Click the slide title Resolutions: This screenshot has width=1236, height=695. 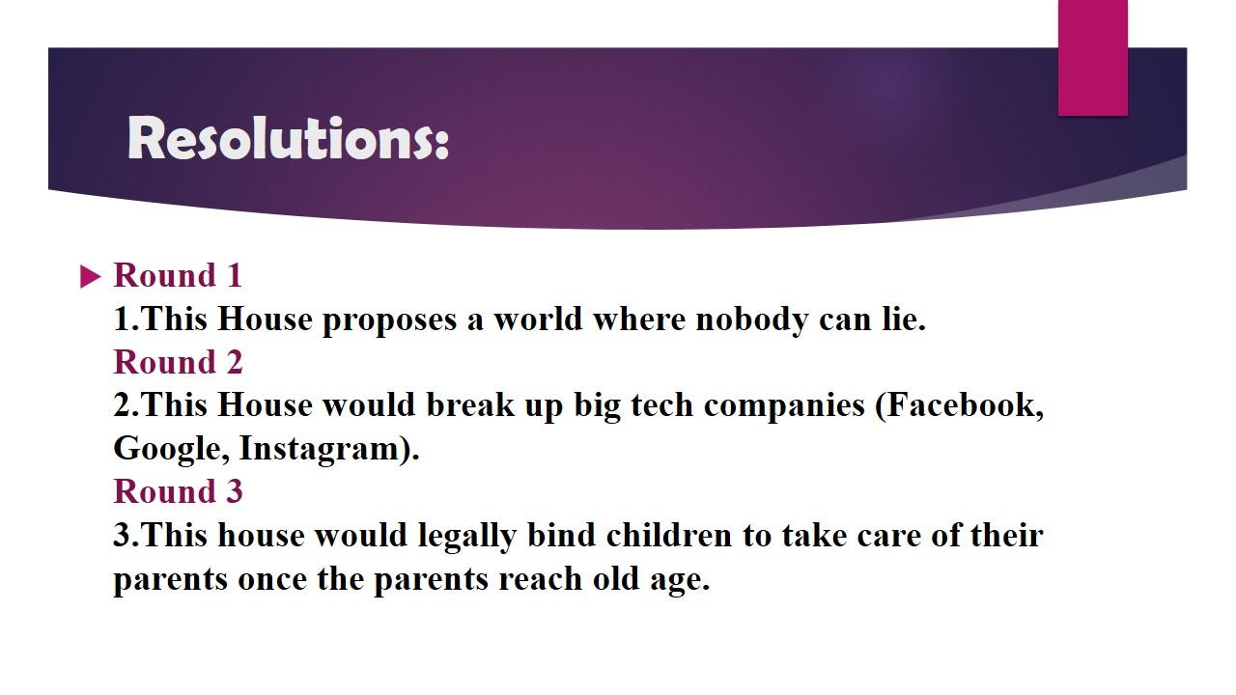(288, 138)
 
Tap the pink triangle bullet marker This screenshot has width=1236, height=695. (91, 277)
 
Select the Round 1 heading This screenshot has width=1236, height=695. (178, 275)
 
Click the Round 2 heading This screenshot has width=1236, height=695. (178, 362)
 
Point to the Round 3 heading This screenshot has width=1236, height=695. (178, 491)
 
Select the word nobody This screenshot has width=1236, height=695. (752, 320)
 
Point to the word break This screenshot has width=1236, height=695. (470, 404)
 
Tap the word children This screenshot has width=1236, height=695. (669, 535)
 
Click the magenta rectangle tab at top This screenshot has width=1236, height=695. (1092, 58)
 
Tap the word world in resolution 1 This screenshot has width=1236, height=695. (538, 319)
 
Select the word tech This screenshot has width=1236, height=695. (662, 406)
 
